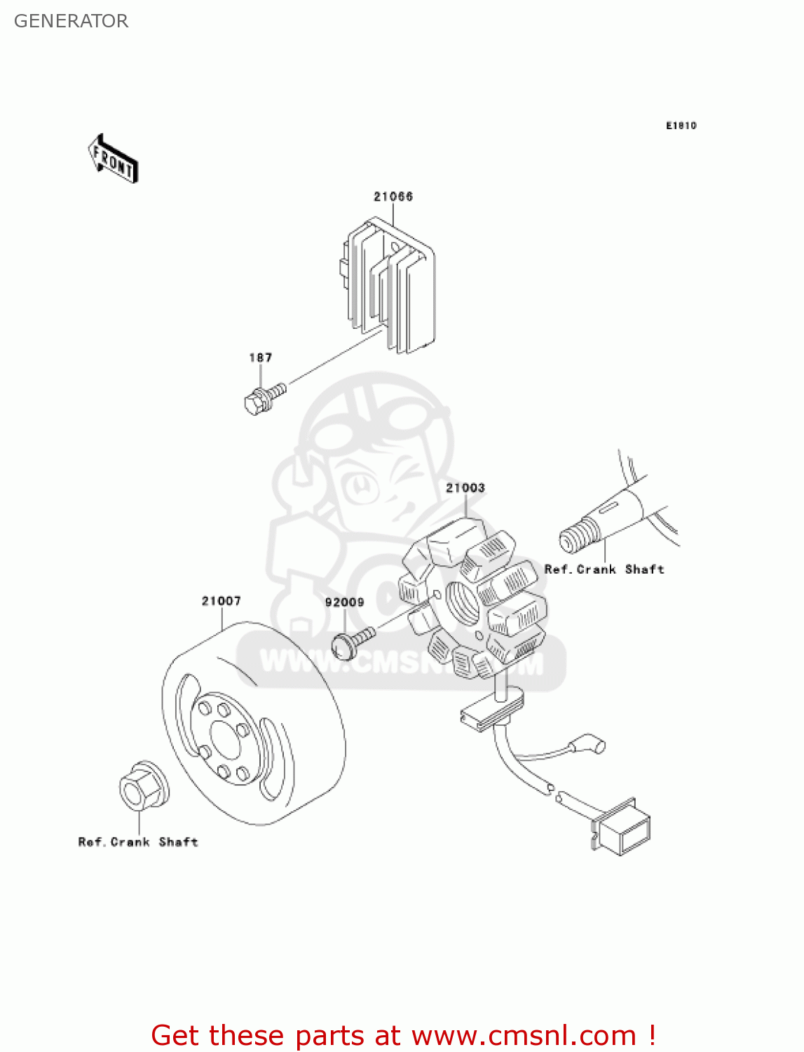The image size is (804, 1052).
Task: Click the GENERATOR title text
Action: coord(71,21)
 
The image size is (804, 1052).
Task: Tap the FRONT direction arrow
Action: coord(113,159)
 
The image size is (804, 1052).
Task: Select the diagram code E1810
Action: coord(681,126)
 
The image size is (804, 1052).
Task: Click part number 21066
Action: coord(393,196)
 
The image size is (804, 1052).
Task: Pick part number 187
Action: coord(261,358)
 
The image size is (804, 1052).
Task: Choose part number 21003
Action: coord(465,487)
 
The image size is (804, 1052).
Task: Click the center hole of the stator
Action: coord(463,603)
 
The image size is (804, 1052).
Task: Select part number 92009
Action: coord(344,602)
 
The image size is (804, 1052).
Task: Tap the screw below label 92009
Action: coord(351,642)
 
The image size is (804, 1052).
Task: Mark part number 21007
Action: coord(221,601)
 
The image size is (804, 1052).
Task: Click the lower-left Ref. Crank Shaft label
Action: coord(138,842)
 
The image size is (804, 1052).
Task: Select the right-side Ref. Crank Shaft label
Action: coord(604,569)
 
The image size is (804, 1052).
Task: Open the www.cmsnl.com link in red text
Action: coord(524,1035)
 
